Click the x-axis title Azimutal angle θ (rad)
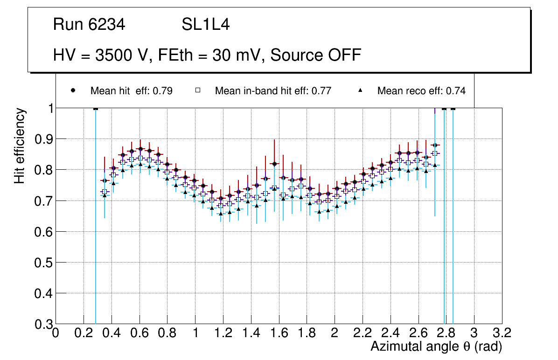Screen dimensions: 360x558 pos(436,346)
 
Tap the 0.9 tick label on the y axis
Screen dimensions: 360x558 pos(44,139)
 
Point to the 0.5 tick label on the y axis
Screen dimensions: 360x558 pos(44,263)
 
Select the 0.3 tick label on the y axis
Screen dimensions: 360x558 pos(44,324)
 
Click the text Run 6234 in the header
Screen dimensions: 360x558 pos(89,25)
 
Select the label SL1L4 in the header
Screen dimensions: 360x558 pos(205,25)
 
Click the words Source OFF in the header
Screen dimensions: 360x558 pos(316,55)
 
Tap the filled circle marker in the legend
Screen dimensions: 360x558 pos(73,90)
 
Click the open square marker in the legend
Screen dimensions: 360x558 pos(197,90)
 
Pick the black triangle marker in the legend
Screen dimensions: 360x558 pos(360,90)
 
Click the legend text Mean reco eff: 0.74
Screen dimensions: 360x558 pos(421,91)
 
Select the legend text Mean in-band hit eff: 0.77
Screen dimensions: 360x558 pos(273,91)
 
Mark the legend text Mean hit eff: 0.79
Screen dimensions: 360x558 pos(132,91)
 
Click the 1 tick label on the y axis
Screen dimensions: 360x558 pos(49,108)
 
